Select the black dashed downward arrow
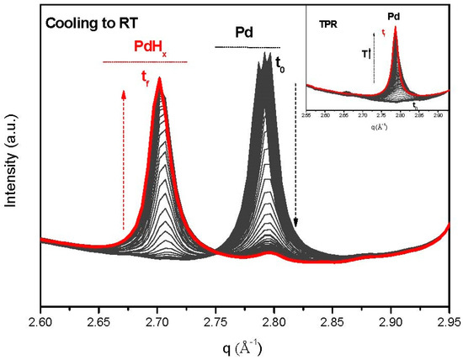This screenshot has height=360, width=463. point(295,156)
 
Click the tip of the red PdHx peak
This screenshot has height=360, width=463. point(159,81)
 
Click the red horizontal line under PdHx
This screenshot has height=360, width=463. point(144,62)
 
